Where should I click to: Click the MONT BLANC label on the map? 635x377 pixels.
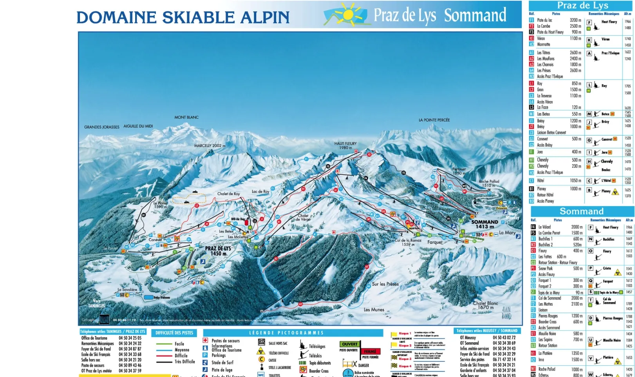tap(186, 117)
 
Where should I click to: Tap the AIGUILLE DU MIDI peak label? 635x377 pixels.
tap(138, 126)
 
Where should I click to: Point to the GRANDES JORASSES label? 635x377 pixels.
tap(102, 127)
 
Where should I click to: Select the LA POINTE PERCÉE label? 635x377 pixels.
tap(434, 120)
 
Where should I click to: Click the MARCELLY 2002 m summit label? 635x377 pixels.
tap(210, 146)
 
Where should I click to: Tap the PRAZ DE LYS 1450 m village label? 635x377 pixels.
tap(218, 251)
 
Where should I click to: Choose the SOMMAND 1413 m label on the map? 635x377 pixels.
tap(485, 224)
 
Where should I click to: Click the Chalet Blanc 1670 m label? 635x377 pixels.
tap(485, 305)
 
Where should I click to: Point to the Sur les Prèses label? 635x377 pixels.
tap(385, 284)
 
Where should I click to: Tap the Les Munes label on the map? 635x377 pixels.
tap(374, 310)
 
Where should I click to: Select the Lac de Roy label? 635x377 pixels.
tap(260, 192)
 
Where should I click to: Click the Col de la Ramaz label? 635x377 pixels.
tap(408, 241)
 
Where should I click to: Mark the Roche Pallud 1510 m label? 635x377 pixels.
tap(489, 183)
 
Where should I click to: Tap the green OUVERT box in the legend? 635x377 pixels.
tap(349, 344)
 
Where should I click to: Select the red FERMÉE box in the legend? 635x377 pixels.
tap(370, 352)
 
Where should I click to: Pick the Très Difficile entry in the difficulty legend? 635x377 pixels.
tap(185, 362)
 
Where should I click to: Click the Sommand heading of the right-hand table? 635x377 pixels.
tap(581, 211)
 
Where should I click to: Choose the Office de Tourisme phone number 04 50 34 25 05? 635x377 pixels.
tap(130, 338)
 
